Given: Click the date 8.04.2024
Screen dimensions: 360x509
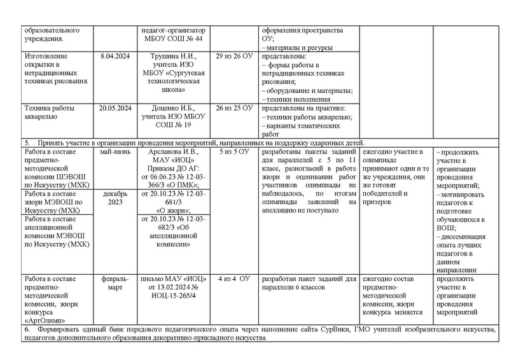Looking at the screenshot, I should pyautogui.click(x=115, y=56).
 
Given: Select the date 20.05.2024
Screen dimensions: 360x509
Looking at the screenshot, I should pyautogui.click(x=115, y=108).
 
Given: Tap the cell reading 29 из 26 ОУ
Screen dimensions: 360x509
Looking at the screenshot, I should pyautogui.click(x=234, y=56).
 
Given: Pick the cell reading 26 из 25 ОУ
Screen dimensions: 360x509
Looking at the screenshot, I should pyautogui.click(x=234, y=108).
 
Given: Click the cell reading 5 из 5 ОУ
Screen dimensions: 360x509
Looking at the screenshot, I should pyautogui.click(x=234, y=153).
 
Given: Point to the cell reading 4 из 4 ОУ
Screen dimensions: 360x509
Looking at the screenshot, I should pyautogui.click(x=234, y=279).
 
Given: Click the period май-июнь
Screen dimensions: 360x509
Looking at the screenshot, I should pyautogui.click(x=115, y=153).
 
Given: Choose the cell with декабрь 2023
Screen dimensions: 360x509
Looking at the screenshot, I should pyautogui.click(x=115, y=197).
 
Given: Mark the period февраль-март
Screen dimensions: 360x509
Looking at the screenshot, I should pyautogui.click(x=115, y=283).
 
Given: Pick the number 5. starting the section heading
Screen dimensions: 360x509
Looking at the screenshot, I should pyautogui.click(x=27, y=142).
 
